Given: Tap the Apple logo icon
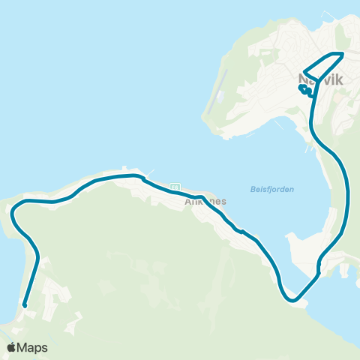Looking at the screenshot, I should pyautogui.click(x=12, y=347).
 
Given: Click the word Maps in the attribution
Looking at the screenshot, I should pyautogui.click(x=32, y=347).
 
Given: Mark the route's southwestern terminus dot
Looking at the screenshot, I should pyautogui.click(x=25, y=305).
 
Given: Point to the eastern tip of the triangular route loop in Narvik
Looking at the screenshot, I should pyautogui.click(x=343, y=53).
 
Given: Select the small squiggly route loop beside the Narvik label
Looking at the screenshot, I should pyautogui.click(x=306, y=91).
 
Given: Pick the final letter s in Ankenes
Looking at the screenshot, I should pyautogui.click(x=223, y=202).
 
